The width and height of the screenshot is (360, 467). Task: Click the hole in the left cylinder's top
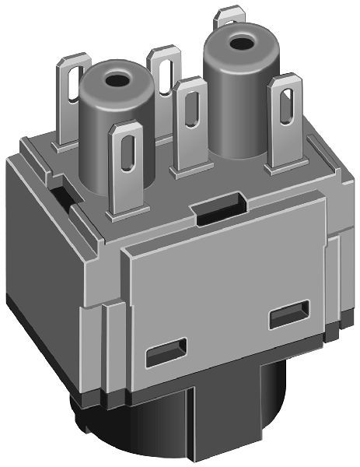tap(118, 79)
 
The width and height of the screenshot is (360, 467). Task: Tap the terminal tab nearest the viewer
tap(129, 167)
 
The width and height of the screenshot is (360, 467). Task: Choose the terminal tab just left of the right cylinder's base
tap(190, 125)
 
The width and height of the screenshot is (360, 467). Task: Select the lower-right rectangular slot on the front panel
tap(288, 318)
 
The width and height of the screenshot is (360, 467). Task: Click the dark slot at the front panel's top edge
tap(218, 211)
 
